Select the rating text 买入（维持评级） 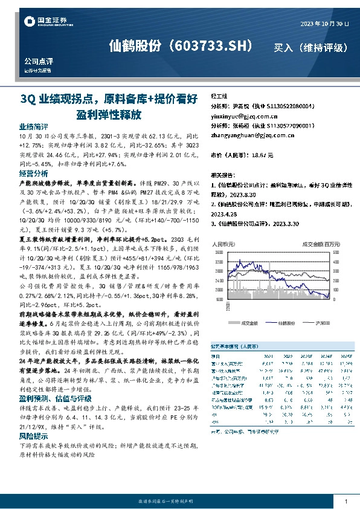311,47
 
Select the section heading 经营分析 34,173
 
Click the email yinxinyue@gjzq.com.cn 244,115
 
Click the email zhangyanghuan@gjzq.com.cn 248,135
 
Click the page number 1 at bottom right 345,501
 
